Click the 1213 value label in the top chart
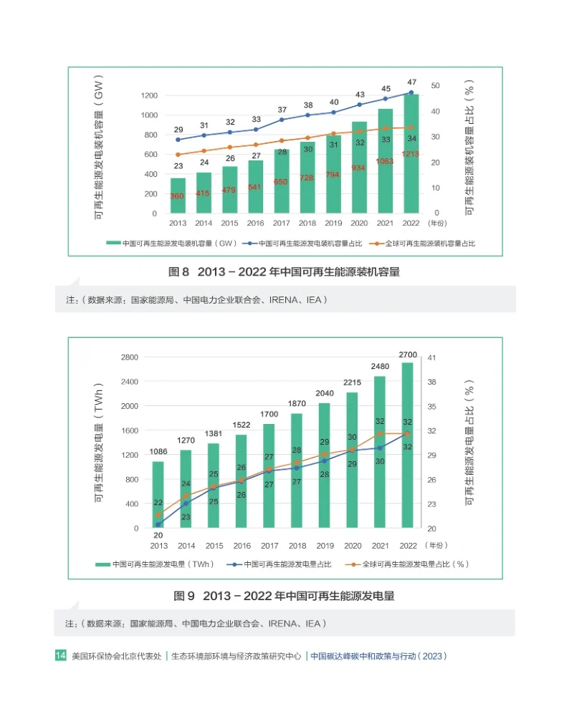411,155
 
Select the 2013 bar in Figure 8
178,196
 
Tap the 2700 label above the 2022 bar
407,355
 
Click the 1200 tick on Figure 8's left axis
148,95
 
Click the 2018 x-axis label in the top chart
307,223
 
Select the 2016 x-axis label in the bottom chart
242,545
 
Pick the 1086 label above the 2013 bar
158,452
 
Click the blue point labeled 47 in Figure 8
411,92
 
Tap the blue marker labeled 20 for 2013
158,524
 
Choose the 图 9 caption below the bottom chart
284,596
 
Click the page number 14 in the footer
61,655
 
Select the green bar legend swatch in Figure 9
102,564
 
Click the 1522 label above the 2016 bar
242,425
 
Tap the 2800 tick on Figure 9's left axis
130,357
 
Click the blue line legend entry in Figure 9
282,564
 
